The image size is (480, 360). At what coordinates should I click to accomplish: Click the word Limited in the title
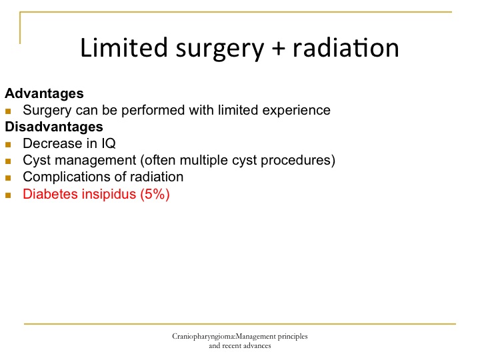[x=124, y=47]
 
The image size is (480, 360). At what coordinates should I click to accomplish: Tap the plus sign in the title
[x=278, y=49]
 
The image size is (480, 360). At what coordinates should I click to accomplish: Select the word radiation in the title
[x=346, y=47]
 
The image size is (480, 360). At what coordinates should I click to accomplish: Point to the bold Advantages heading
[x=44, y=93]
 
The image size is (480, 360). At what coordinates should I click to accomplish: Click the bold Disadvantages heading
[x=54, y=127]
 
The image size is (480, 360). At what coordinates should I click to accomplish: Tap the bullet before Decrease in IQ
[x=8, y=145]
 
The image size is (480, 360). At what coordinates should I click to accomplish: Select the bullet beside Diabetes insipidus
[x=8, y=195]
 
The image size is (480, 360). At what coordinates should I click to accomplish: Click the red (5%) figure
[x=155, y=194]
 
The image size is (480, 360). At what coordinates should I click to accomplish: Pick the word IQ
[x=109, y=143]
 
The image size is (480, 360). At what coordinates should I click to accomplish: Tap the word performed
[x=153, y=110]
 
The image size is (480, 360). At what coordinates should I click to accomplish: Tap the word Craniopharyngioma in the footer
[x=203, y=337]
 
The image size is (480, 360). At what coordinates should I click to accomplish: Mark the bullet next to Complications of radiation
[x=8, y=178]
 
